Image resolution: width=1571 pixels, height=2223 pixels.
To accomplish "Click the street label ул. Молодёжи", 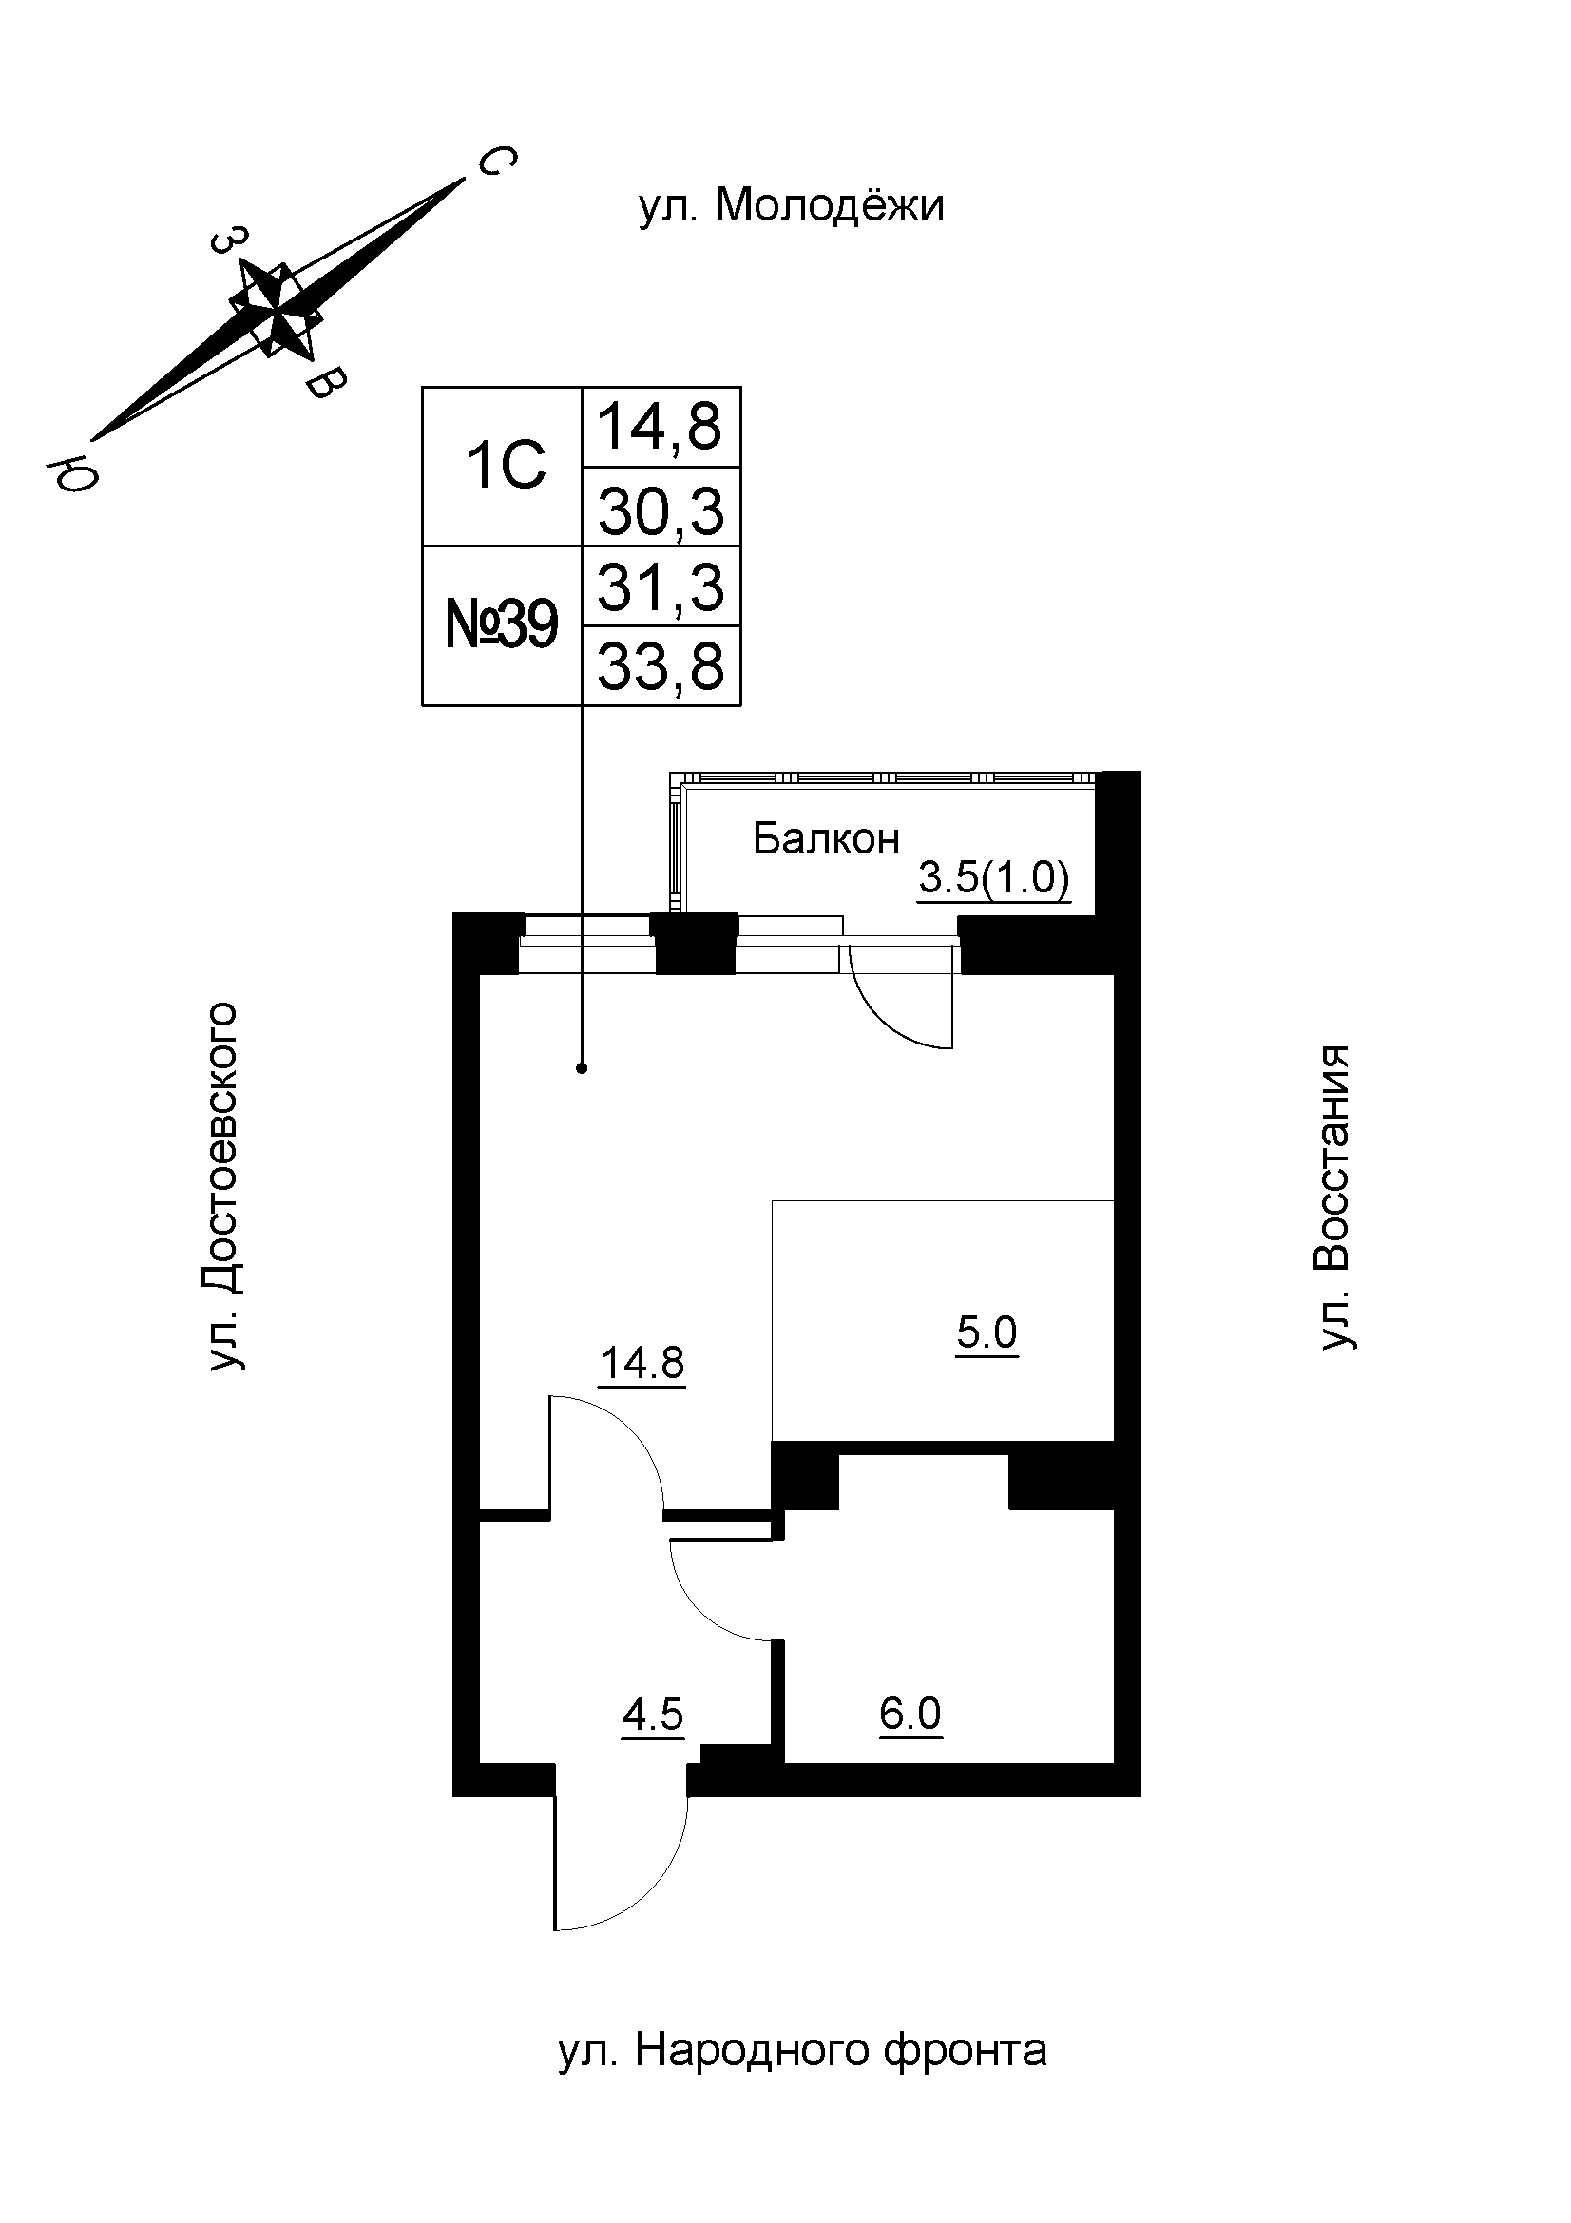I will pyautogui.click(x=791, y=206).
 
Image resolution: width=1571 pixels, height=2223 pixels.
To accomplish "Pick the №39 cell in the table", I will pyautogui.click(x=502, y=624).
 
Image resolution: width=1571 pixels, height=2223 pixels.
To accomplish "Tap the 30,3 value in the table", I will pyautogui.click(x=661, y=510).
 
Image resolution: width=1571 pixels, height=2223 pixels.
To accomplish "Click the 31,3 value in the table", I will pyautogui.click(x=661, y=586).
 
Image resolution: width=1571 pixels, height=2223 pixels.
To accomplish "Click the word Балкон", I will pyautogui.click(x=826, y=838).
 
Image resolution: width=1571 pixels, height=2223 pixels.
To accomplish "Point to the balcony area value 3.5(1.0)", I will pyautogui.click(x=993, y=879).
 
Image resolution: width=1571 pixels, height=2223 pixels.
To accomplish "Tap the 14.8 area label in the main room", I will pyautogui.click(x=642, y=1363).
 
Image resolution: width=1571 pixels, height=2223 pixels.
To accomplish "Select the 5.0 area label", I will pyautogui.click(x=987, y=1333).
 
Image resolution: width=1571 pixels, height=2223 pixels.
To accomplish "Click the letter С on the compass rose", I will pyautogui.click(x=495, y=161).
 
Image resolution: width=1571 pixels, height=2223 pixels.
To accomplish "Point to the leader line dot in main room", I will pyautogui.click(x=582, y=1068).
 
